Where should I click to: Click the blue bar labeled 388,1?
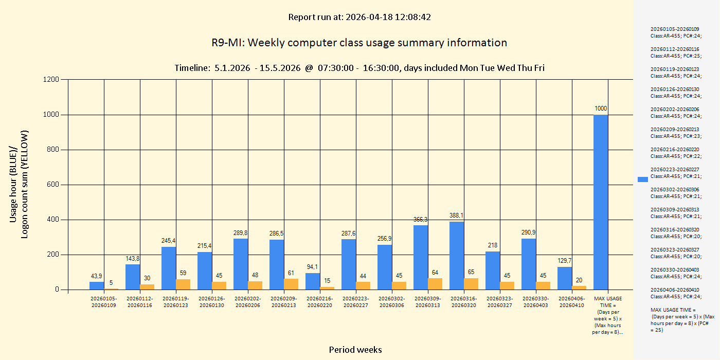(457, 256)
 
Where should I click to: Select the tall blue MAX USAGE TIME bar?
(601, 202)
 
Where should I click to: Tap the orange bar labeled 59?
(183, 284)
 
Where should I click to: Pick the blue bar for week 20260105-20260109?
(97, 285)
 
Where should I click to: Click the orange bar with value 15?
(327, 288)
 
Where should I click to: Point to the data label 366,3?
(421, 220)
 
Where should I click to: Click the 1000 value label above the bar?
(601, 109)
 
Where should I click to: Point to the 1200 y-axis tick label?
(51, 80)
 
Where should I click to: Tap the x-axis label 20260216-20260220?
(319, 302)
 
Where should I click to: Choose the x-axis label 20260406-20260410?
(571, 302)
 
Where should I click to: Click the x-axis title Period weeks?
(355, 350)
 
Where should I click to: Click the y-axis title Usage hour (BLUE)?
(14, 185)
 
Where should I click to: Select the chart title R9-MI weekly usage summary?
(359, 43)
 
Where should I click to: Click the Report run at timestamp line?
(359, 17)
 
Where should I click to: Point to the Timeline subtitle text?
(359, 68)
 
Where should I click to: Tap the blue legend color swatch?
(643, 179)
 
